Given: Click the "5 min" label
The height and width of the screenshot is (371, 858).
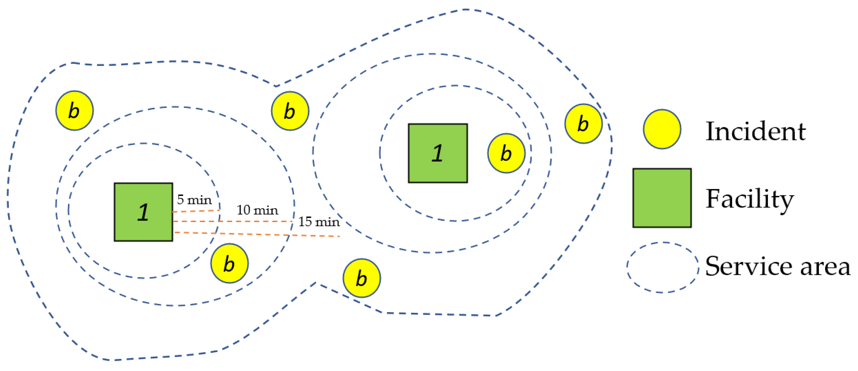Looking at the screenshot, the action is pos(195,200).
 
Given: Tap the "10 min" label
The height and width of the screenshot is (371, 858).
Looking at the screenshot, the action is pos(257,210).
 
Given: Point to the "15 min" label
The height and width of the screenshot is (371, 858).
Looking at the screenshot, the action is pos(319,222).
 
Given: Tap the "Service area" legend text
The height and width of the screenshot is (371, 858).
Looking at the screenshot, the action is pos(777,267).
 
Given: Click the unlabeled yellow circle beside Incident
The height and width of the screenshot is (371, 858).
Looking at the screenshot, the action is pos(662,129).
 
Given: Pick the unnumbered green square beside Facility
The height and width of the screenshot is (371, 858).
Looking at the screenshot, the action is pos(662,198).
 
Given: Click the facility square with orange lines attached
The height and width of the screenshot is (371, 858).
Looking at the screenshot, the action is pos(143,212).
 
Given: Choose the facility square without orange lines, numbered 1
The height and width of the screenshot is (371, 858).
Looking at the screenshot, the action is pos(438,153).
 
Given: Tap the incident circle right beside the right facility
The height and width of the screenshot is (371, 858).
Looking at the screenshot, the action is pos(506,153).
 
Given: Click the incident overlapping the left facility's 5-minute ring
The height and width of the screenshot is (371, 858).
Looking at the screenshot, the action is pos(229,263).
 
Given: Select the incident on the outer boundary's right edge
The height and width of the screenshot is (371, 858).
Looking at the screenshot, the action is pos(583,124).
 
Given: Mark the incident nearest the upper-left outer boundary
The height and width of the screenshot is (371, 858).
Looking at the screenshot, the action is pos(74,111).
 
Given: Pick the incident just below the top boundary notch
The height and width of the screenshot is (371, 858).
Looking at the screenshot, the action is pos(290,111).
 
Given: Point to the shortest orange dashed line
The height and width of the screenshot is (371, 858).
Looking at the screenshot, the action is pos(196,211).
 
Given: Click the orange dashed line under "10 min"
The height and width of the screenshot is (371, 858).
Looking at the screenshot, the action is pos(232,221).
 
